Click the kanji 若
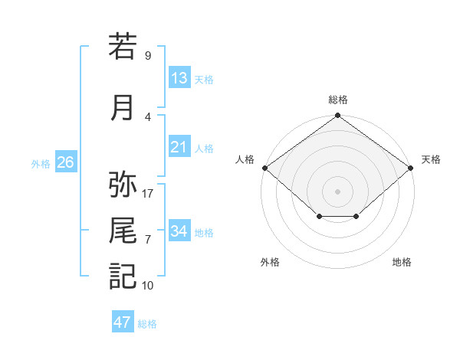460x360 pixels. click(123, 46)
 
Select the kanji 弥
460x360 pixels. click(123, 184)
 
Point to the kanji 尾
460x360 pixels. click(123, 230)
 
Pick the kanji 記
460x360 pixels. click(123, 276)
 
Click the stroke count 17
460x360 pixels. click(147, 194)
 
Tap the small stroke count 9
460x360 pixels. click(148, 55)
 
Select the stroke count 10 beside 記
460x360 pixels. click(147, 286)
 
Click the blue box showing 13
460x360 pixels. click(179, 77)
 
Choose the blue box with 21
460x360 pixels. click(179, 146)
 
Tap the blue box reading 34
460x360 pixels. click(179, 230)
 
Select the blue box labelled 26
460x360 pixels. click(66, 162)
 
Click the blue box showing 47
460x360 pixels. click(123, 321)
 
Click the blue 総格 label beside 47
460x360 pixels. click(147, 324)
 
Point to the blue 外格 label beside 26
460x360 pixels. click(41, 164)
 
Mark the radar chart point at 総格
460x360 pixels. click(337, 115)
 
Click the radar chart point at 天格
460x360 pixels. click(410, 168)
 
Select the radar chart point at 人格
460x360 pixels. click(265, 168)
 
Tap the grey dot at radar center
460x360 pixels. click(337, 191)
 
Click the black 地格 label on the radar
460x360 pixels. click(402, 262)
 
